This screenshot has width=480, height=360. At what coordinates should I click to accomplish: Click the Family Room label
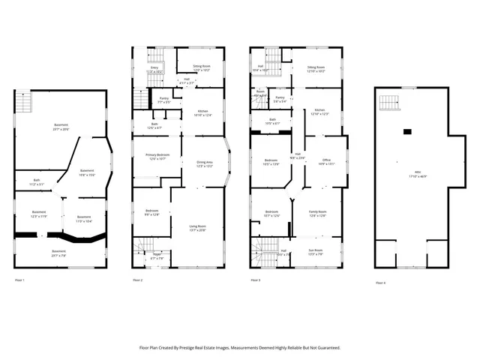[x=318, y=212]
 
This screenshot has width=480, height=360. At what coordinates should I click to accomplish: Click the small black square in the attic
[x=407, y=131]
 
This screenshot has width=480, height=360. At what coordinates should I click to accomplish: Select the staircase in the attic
[x=388, y=103]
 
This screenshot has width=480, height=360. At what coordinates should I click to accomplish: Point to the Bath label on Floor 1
[x=37, y=180]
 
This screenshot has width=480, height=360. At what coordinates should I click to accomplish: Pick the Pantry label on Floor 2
[x=164, y=97]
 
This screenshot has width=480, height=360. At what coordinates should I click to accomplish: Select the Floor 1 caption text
[x=20, y=280]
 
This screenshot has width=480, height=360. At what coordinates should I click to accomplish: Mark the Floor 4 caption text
[x=381, y=283]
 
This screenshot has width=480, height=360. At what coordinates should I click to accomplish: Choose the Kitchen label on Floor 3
[x=319, y=110]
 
